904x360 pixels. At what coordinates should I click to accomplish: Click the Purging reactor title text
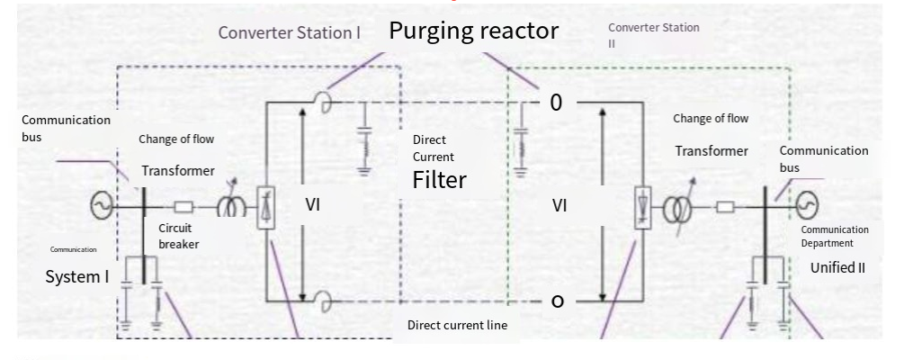pos(474,31)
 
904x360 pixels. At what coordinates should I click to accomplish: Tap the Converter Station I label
pos(290,33)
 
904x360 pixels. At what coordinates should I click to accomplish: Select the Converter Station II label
pos(654,35)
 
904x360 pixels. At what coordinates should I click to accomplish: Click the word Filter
pos(439,180)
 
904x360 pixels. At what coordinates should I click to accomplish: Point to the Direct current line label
pos(457,325)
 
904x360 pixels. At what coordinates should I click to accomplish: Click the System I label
pos(77,277)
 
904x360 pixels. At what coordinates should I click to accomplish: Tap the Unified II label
pos(837,267)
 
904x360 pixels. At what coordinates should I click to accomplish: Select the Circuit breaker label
pos(179,236)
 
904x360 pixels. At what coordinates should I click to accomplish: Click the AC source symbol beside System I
pos(102,205)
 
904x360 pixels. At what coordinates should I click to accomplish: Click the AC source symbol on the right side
pos(807,205)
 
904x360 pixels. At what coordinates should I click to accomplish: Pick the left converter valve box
pos(265,208)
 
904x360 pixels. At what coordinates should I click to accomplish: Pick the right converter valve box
pos(643,208)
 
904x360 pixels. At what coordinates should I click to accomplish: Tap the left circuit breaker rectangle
pos(183,206)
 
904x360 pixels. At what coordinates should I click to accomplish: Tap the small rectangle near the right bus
pos(725,206)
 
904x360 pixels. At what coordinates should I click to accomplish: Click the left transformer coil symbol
pos(232,206)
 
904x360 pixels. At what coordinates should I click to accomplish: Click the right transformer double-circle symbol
pos(677,210)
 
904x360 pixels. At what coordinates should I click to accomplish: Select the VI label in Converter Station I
pos(312,205)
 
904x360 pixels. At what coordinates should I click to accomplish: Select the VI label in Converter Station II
pos(559,205)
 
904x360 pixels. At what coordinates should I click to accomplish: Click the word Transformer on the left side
pos(178,171)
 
